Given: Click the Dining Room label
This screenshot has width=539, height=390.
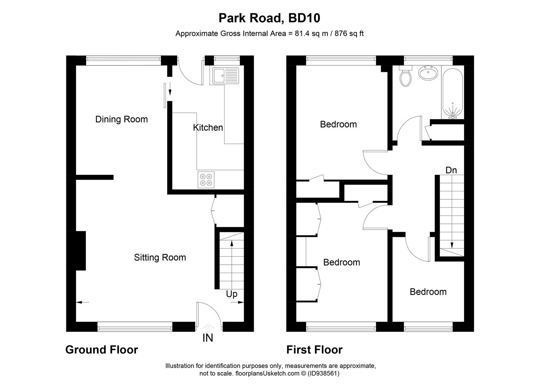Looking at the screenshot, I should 122,120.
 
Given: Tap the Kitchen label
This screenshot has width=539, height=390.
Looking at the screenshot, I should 208,127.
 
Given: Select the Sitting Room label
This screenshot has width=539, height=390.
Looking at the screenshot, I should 160,257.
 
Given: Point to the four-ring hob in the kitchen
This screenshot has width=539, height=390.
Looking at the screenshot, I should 206,179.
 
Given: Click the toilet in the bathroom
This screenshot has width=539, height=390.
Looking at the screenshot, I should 406,77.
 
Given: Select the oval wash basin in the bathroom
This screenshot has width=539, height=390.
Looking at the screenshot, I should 428,73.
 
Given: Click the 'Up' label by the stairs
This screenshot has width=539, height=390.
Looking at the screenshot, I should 231,294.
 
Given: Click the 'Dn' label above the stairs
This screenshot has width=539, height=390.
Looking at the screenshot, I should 451,170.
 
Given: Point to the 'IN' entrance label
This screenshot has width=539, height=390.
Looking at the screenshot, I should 208,338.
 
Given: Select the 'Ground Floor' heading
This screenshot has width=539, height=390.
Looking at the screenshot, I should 102,350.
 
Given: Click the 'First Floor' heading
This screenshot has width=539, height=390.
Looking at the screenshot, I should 314,350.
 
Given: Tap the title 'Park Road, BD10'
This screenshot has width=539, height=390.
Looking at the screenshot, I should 269,18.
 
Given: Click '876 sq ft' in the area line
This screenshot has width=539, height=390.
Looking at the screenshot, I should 349,34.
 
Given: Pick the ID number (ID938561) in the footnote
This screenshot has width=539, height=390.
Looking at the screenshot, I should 323,374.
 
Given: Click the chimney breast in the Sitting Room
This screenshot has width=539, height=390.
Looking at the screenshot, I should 81,251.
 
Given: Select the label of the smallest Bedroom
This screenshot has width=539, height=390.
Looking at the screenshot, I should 428,292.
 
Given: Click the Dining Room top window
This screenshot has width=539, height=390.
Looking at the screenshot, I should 123,60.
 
